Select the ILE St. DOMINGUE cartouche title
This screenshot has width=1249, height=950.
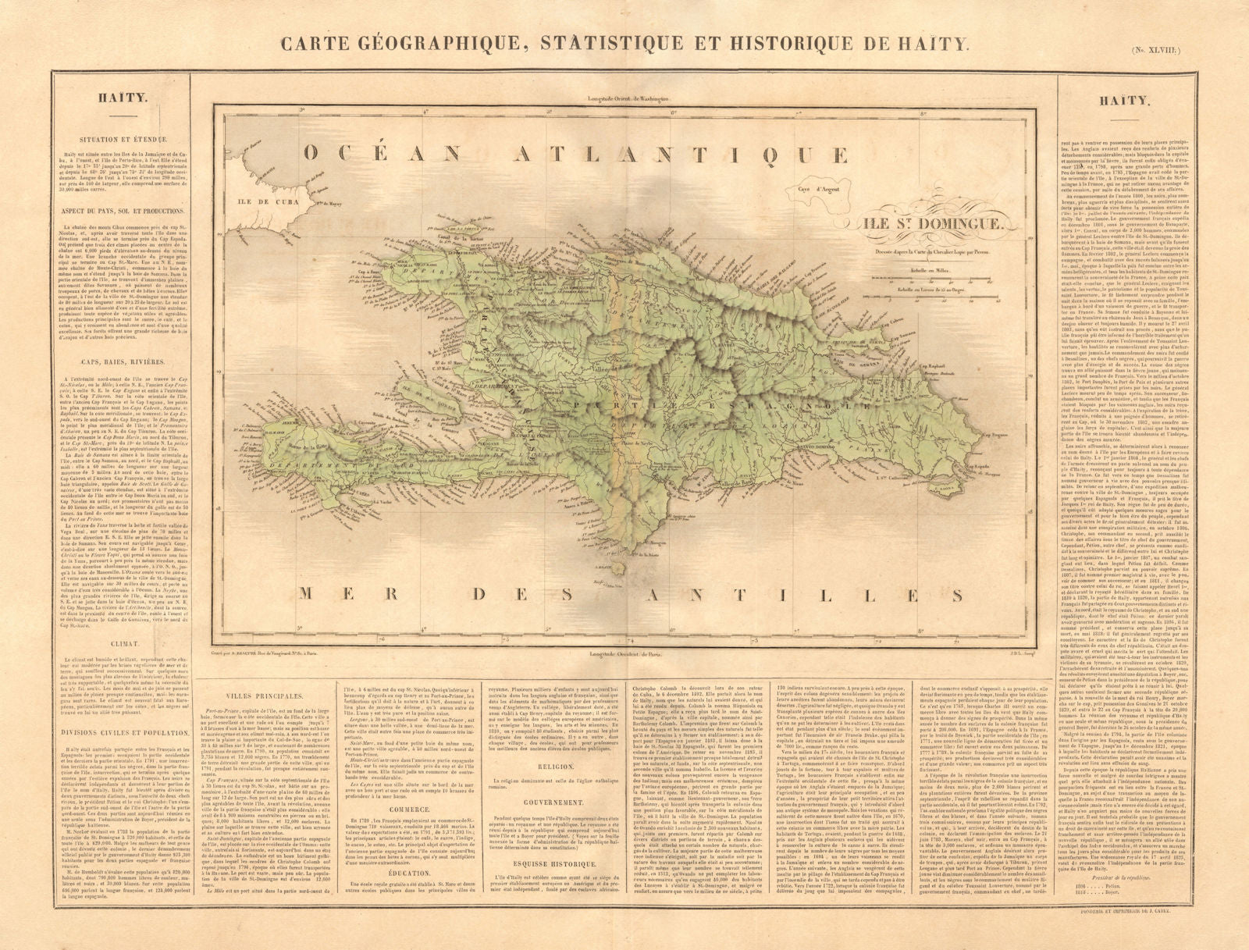pos(931,222)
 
